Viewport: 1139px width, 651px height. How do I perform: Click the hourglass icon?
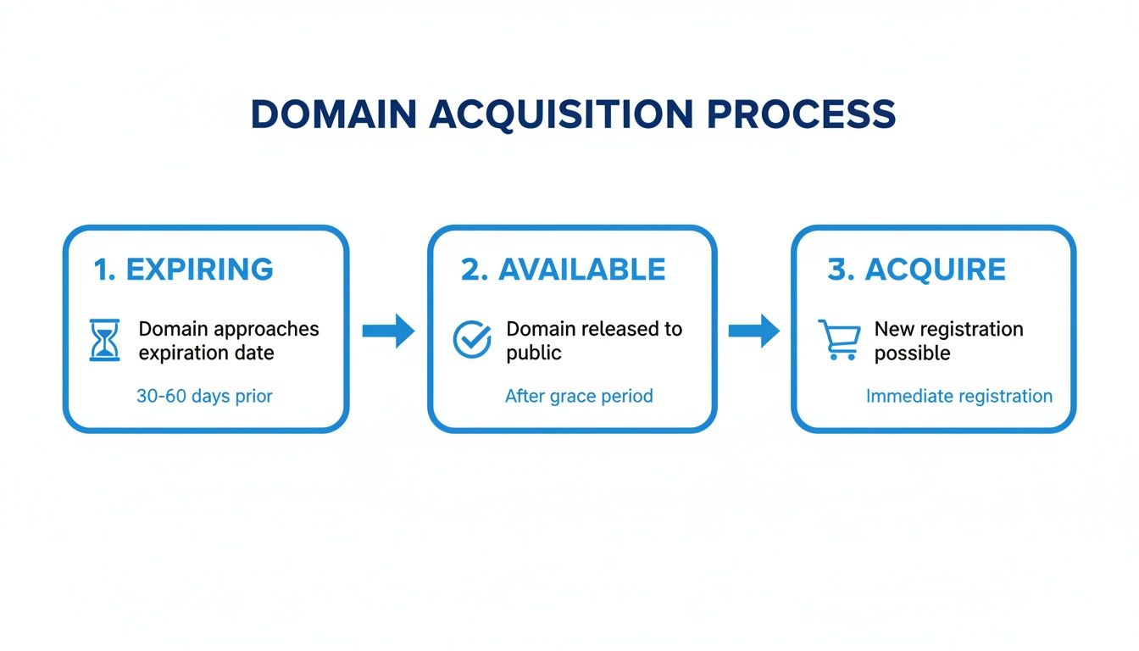tap(105, 341)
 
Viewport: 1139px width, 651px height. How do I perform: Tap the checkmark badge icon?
tap(472, 340)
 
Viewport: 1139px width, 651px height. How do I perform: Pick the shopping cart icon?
tap(838, 340)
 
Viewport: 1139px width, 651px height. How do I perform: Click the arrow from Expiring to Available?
tap(388, 331)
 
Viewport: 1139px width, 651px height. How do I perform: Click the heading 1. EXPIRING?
tap(183, 270)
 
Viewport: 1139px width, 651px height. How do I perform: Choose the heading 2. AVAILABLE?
tap(563, 270)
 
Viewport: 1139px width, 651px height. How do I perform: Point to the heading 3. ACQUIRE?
tap(916, 270)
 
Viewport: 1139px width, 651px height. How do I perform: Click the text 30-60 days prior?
tap(204, 396)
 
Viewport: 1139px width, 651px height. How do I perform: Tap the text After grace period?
tap(579, 396)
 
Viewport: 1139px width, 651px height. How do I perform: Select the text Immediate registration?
tap(958, 396)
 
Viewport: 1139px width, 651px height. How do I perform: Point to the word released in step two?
tap(608, 329)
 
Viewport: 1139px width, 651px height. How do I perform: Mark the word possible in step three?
tap(911, 353)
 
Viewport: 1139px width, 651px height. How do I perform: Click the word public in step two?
tap(534, 353)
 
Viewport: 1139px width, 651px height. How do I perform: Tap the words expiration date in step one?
tap(206, 353)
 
